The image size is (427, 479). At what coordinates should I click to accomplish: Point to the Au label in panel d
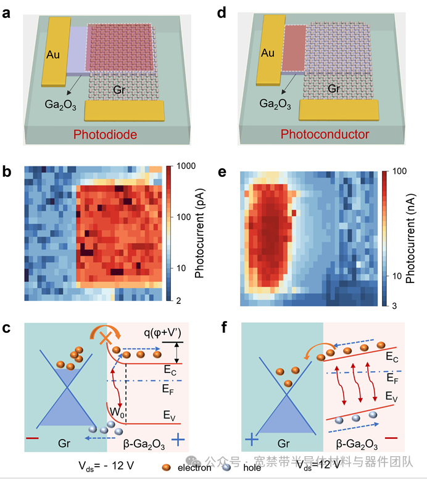(268, 53)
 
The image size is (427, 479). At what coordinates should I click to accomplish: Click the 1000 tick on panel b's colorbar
(184, 166)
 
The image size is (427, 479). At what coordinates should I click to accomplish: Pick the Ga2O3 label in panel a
(60, 105)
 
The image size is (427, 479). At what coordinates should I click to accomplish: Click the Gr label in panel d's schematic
(334, 89)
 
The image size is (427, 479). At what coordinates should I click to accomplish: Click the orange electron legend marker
(166, 467)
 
